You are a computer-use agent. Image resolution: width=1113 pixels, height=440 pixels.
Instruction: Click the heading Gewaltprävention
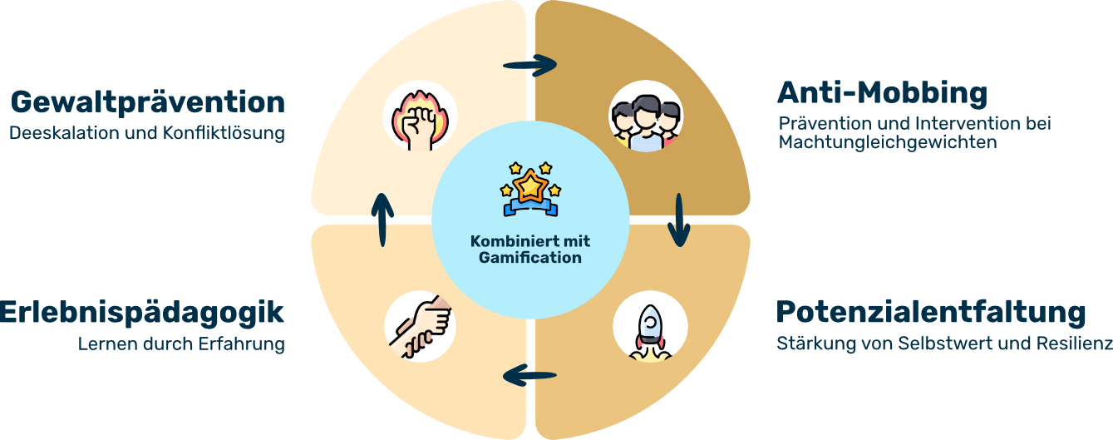[148, 103]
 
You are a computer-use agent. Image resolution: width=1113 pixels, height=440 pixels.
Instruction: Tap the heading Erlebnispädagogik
[141, 314]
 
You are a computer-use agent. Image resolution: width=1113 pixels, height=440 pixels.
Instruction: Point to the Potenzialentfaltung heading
[931, 313]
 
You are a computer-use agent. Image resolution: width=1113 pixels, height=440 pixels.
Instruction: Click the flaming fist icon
[421, 119]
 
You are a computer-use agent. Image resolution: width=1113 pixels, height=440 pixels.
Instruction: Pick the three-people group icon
[646, 121]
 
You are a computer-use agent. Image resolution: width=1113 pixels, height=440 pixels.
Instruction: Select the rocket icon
[650, 332]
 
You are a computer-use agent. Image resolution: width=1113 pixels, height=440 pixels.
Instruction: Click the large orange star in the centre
[530, 186]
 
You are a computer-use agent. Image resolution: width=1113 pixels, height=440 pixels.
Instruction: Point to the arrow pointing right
[529, 65]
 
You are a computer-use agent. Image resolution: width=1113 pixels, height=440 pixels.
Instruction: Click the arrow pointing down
[679, 220]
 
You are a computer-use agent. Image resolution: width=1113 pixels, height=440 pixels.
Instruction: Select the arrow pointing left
[529, 375]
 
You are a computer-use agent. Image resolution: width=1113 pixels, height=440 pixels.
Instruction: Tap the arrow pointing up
[382, 220]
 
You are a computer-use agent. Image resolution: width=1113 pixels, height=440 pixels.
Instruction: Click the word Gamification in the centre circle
[530, 258]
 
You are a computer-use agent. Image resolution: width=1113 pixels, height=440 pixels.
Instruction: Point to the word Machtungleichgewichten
[888, 143]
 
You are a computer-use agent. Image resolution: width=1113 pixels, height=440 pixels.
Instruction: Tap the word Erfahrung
[242, 344]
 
